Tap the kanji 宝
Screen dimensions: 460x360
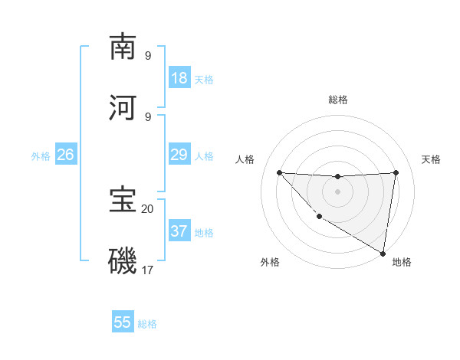click(x=123, y=200)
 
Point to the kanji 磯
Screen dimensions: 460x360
click(x=123, y=261)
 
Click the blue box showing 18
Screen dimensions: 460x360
click(x=179, y=78)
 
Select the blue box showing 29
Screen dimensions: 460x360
click(x=179, y=155)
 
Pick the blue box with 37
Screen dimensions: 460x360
click(x=179, y=231)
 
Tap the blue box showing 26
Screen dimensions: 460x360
click(x=65, y=155)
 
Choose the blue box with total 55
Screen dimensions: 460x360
click(x=123, y=322)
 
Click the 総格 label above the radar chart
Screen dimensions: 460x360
click(x=338, y=100)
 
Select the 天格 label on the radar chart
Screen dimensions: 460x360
click(x=431, y=159)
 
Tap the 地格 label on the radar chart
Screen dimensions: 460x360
click(x=402, y=262)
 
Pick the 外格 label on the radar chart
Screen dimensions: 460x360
click(x=270, y=262)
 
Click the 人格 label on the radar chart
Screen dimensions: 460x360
click(x=245, y=159)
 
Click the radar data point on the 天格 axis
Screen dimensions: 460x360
click(x=396, y=172)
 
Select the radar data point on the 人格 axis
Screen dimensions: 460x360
click(x=279, y=172)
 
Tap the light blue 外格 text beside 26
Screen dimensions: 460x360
click(x=41, y=155)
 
